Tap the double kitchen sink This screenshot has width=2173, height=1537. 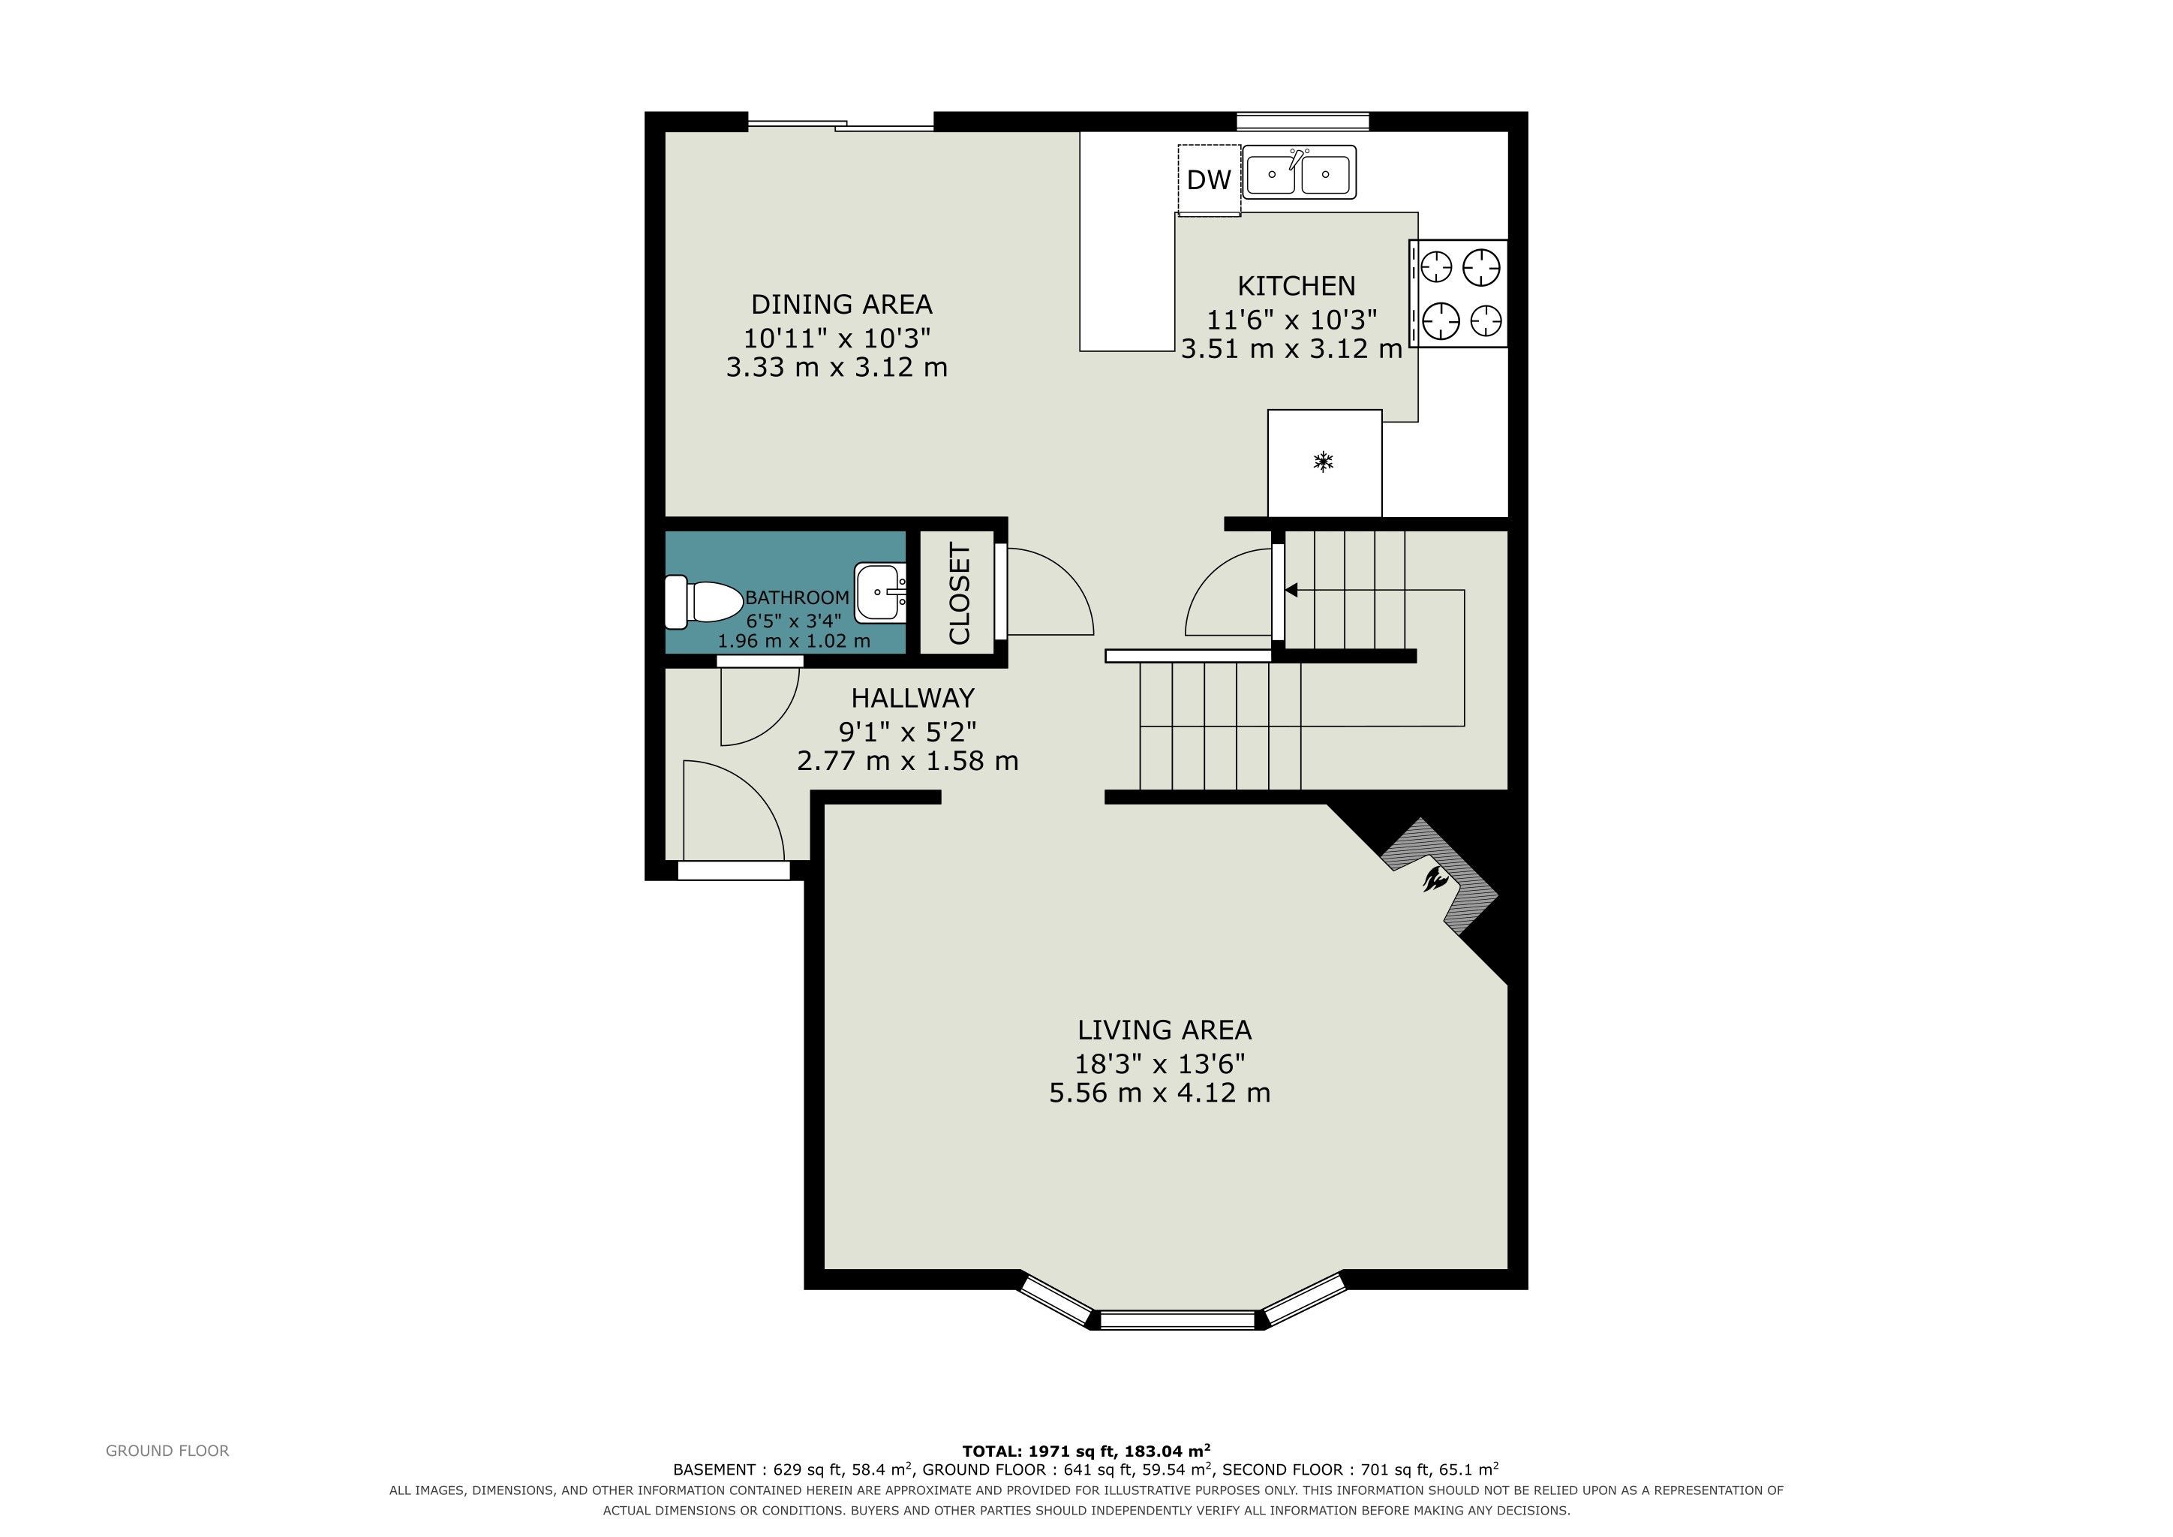point(1300,173)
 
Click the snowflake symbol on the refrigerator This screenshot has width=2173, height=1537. point(1323,462)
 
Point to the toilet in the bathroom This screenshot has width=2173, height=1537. point(704,602)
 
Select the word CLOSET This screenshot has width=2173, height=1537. point(959,594)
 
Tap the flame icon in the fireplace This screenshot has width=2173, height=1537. point(1435,880)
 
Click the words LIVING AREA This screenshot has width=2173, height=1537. point(1164,1030)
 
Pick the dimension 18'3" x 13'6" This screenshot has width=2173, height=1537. point(1159,1063)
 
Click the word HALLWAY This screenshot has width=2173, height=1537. point(912,699)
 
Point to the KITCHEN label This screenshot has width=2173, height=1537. point(1297,286)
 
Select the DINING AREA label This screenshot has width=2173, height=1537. point(841,305)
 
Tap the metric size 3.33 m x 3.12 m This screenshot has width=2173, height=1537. point(837,367)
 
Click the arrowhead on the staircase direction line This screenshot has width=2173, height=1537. point(1291,591)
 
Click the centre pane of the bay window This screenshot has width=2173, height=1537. point(1178,1319)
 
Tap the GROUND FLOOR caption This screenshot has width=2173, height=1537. point(167,1451)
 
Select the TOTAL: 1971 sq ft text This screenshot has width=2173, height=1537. point(1039,1451)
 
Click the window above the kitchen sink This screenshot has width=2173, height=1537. point(1303,121)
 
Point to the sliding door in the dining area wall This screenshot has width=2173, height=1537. point(841,123)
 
